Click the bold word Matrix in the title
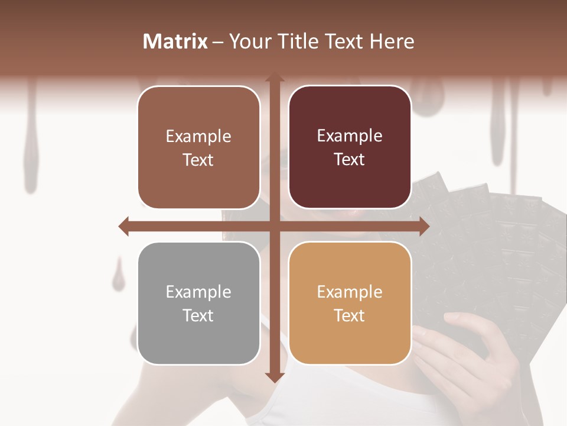pyautogui.click(x=175, y=41)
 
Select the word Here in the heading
pyautogui.click(x=392, y=41)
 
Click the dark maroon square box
pyautogui.click(x=350, y=147)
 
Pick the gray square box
pyautogui.click(x=198, y=304)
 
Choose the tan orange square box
pyautogui.click(x=350, y=304)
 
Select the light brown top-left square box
pyautogui.click(x=198, y=147)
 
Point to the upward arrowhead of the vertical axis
pyautogui.click(x=274, y=78)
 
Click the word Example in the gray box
pyautogui.click(x=198, y=292)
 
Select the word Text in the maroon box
pyautogui.click(x=350, y=160)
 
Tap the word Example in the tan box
pyautogui.click(x=350, y=292)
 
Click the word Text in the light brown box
pyautogui.click(x=198, y=160)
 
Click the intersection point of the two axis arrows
pyautogui.click(x=274, y=226)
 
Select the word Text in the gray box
pyautogui.click(x=198, y=315)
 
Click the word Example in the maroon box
pyautogui.click(x=350, y=136)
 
